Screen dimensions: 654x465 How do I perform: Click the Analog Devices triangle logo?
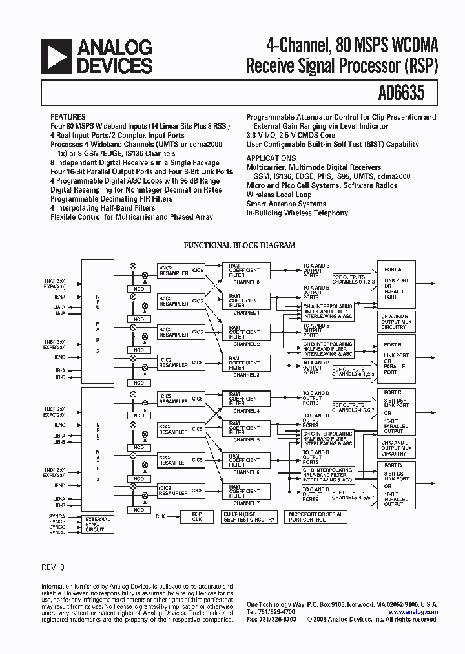[57, 56]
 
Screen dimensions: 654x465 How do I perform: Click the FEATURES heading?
[68, 118]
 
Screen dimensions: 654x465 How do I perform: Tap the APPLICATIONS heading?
[271, 158]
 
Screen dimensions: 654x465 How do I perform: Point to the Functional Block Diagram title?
[240, 246]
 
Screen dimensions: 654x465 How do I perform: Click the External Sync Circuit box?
[98, 524]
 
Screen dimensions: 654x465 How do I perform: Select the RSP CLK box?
[197, 516]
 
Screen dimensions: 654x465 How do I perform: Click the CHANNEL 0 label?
[245, 282]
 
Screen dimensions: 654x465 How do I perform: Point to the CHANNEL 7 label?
[245, 503]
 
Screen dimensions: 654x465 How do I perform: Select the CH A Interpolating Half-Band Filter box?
[328, 311]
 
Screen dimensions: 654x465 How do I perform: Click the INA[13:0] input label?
[72, 281]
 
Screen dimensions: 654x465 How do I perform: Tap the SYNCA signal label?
[57, 516]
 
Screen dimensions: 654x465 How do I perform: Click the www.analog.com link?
[413, 611]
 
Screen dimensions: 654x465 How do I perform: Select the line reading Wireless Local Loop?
[278, 195]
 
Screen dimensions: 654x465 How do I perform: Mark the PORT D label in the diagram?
[393, 465]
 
